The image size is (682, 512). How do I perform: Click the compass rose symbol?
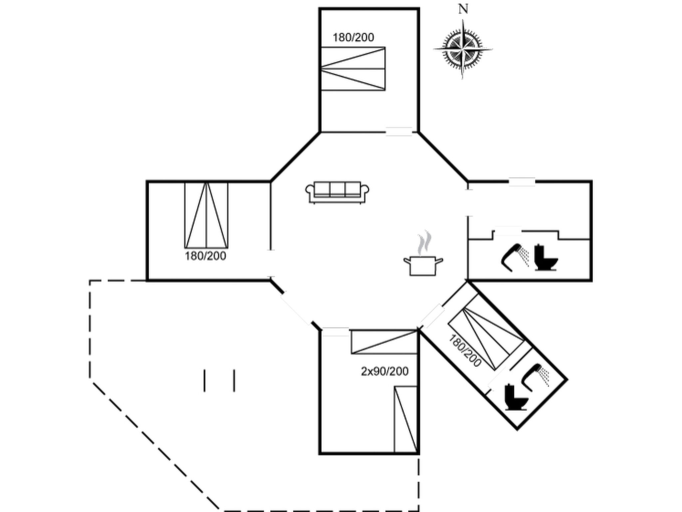click(463, 49)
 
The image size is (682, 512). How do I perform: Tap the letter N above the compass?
click(463, 9)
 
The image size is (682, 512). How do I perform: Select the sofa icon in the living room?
click(337, 192)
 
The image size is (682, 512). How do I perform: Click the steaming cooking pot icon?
click(423, 259)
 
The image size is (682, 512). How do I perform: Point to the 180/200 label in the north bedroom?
click(353, 37)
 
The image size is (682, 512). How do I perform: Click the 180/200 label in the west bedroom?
click(205, 256)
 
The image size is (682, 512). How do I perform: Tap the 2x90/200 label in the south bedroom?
click(385, 371)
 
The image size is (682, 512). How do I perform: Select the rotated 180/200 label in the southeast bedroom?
click(465, 351)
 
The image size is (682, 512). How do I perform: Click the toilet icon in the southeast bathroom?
click(516, 397)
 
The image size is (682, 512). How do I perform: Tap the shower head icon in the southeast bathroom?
click(536, 377)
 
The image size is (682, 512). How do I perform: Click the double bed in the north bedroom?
click(353, 69)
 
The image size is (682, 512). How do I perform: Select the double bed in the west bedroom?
click(206, 215)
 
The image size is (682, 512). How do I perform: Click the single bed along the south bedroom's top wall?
click(384, 342)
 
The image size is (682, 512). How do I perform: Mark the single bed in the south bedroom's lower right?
click(406, 419)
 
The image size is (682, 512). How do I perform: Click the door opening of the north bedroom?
click(399, 132)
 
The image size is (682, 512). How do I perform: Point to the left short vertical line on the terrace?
click(204, 380)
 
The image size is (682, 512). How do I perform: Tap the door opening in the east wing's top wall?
click(522, 182)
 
